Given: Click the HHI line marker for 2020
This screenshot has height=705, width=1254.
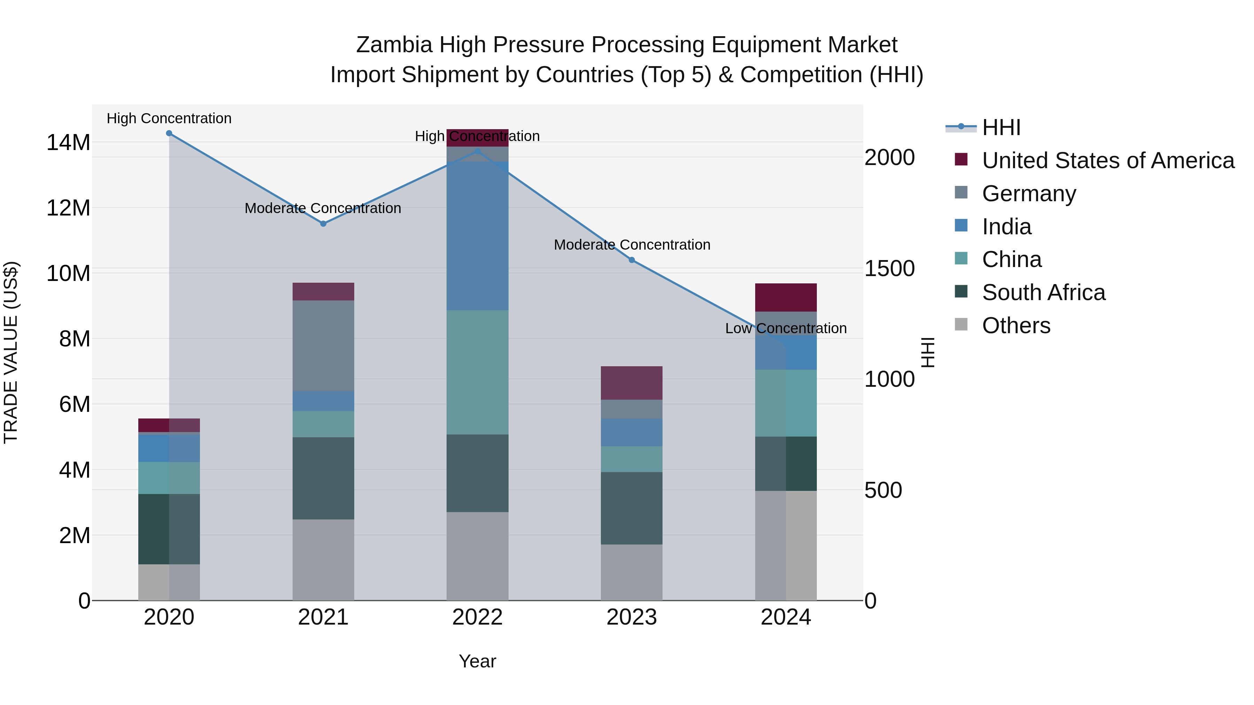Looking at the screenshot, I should tap(169, 133).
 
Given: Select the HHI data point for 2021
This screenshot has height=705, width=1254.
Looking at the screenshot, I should tap(323, 224).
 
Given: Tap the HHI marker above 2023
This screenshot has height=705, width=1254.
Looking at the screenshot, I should tap(632, 260).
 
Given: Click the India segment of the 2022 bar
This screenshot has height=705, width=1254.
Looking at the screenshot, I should tap(478, 236).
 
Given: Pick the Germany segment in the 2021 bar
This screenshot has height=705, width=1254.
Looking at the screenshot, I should tap(323, 346).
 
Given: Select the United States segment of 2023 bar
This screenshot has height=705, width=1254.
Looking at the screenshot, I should tap(632, 383).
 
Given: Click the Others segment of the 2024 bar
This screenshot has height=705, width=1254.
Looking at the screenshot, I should tap(786, 546).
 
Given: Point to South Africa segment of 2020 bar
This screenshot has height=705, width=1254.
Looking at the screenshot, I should tap(169, 529).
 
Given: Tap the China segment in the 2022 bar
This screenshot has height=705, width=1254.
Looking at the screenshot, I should tap(478, 372).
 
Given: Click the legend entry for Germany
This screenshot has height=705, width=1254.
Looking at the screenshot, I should tap(1029, 194).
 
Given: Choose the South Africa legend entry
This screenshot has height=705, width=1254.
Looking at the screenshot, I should tap(1043, 292).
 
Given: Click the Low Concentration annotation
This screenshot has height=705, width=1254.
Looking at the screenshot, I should tap(786, 328).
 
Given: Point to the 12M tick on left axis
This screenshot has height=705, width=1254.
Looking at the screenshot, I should tap(68, 208).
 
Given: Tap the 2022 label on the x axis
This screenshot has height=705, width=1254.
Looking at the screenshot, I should tap(478, 617).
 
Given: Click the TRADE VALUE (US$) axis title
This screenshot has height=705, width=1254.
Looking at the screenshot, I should tap(11, 352).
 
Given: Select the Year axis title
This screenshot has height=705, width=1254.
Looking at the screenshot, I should tap(478, 661).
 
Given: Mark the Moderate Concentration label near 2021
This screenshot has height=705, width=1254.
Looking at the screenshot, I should tap(323, 208).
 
